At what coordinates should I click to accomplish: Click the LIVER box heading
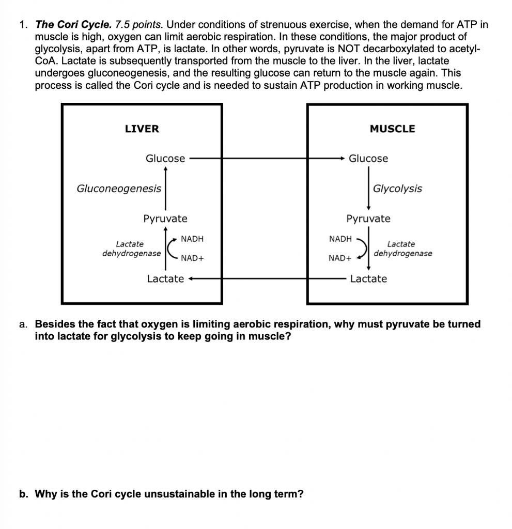coord(142,129)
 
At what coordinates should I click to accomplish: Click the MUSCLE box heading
coord(392,129)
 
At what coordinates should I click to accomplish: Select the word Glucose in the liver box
coord(165,159)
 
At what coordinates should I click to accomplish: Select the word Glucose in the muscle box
coord(368,159)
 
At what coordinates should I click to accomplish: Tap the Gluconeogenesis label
coord(119,189)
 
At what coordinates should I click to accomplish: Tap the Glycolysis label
coord(397,189)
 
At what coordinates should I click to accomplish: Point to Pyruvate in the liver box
coord(165,219)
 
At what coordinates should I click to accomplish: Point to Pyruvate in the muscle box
coord(368,219)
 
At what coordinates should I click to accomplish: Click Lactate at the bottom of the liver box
coord(165,279)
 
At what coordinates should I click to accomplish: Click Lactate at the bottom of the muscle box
coord(368,279)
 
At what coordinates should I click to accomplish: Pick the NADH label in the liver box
coord(192,239)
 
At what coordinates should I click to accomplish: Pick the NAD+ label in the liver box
coord(192,258)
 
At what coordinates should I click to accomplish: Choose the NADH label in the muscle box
coord(340,239)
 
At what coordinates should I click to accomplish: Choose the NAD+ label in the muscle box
coord(340,258)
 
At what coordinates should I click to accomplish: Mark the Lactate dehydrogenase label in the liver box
coord(131,248)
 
